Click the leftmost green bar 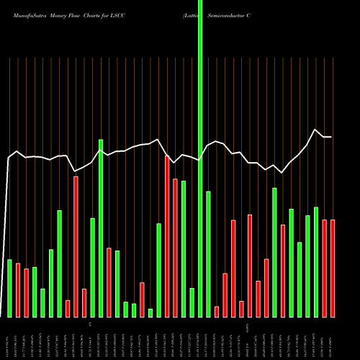tap(9, 288)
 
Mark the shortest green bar tap(150, 312)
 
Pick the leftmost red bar tap(18, 289)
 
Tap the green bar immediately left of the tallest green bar tap(192, 302)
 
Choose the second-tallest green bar tap(101, 228)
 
